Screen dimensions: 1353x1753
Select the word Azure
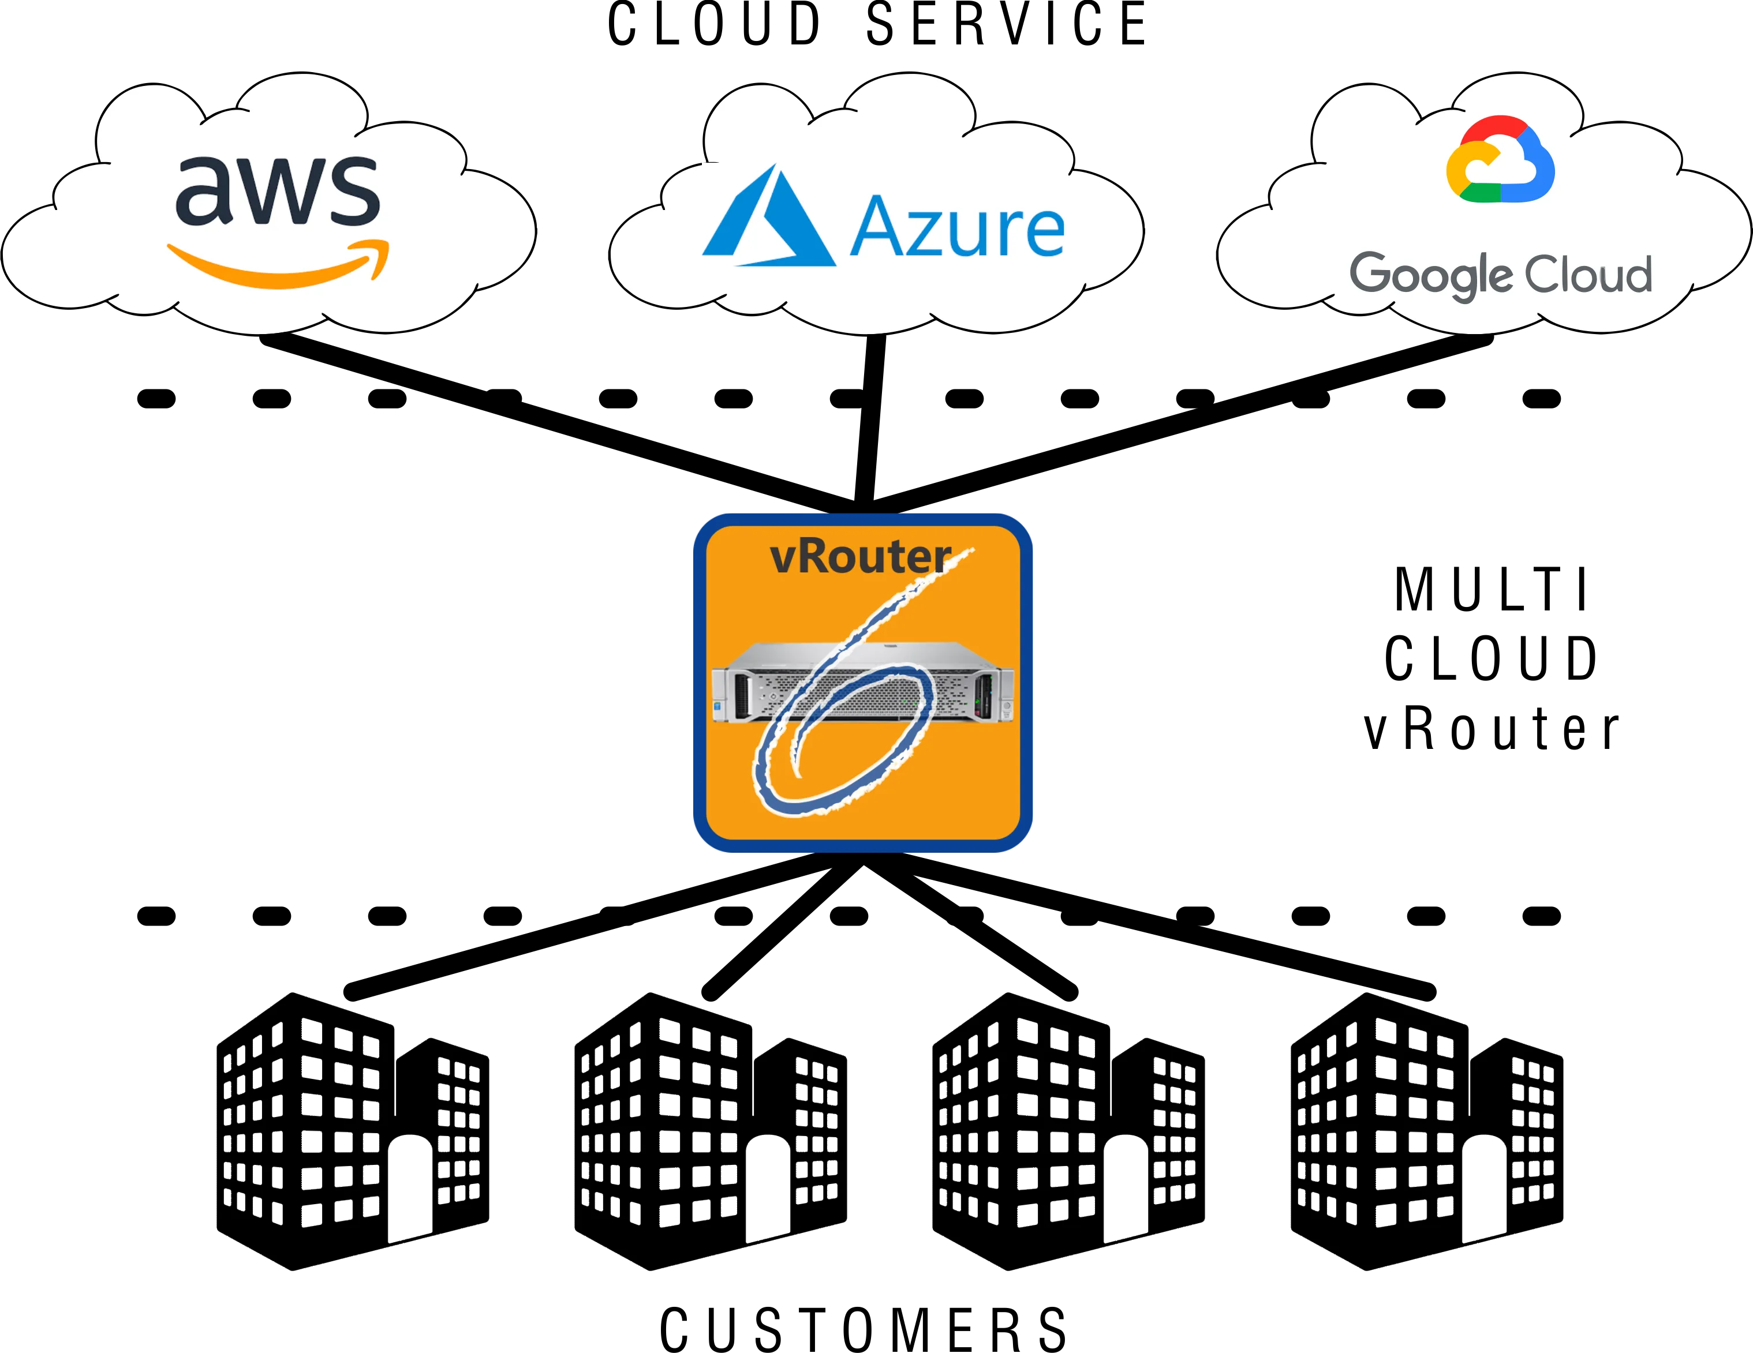pyautogui.click(x=957, y=228)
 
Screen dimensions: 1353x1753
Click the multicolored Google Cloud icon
pyautogui.click(x=1500, y=160)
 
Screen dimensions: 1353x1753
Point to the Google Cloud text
pyautogui.click(x=1500, y=275)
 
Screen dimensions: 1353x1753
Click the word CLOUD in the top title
pyautogui.click(x=715, y=24)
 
